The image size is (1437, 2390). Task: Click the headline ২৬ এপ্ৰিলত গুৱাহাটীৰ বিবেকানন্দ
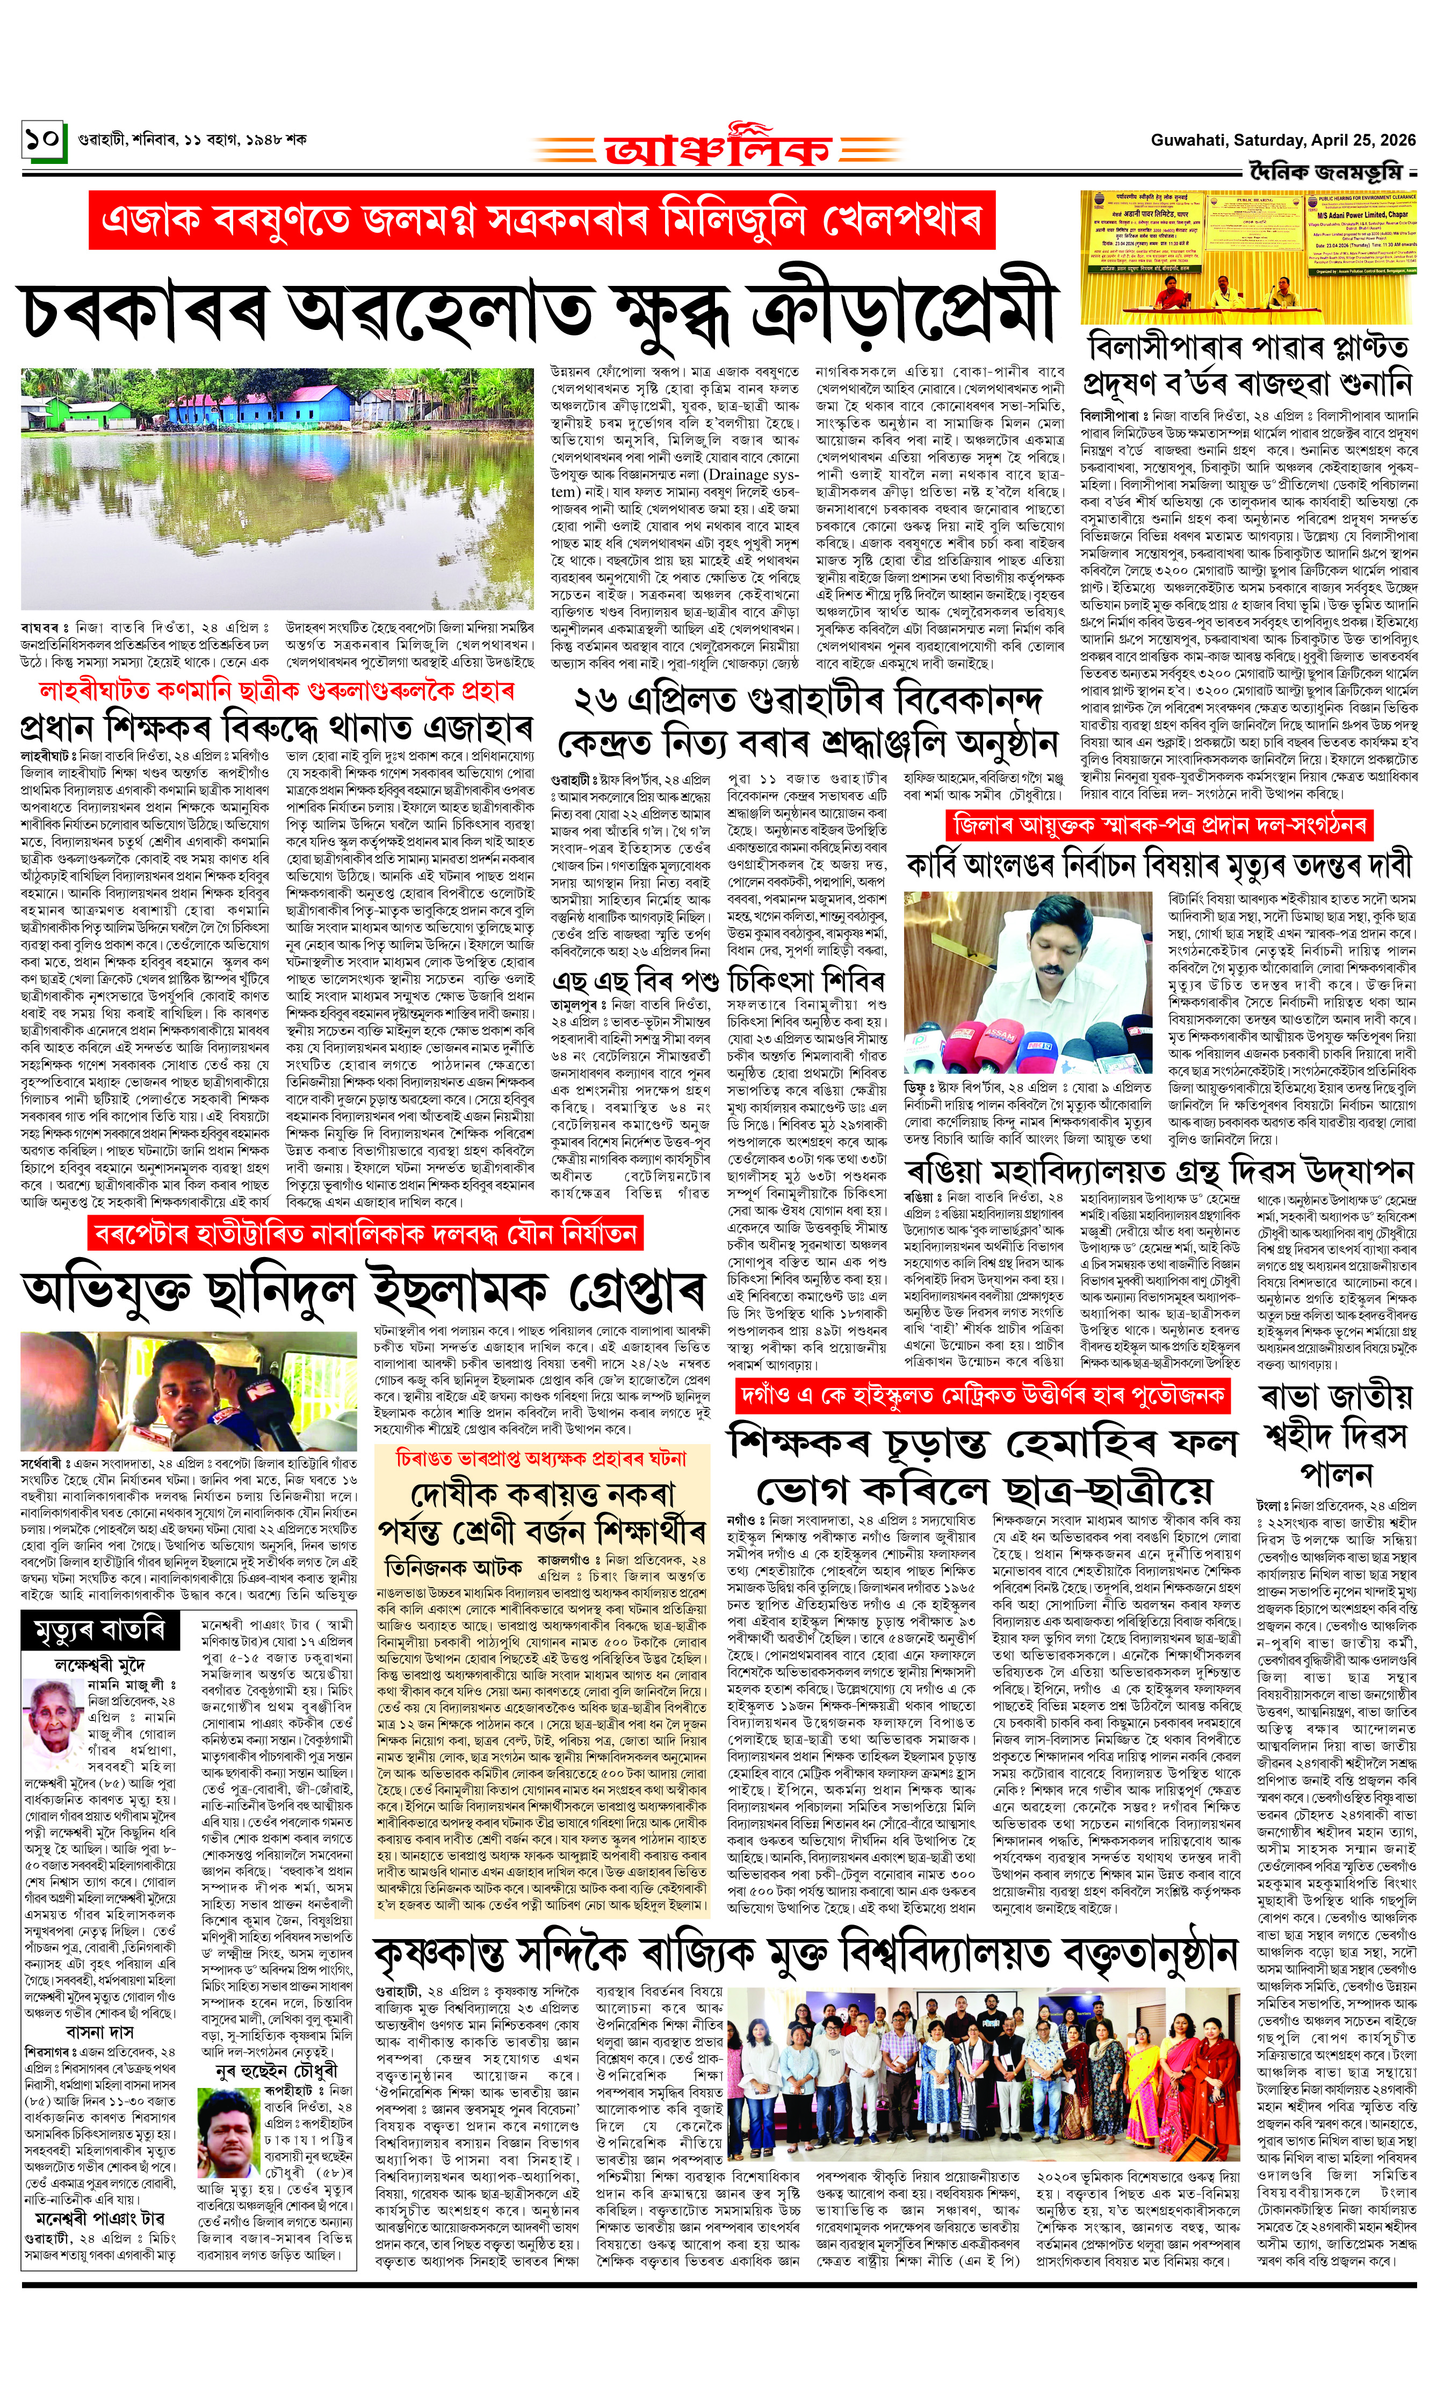pos(807,699)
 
